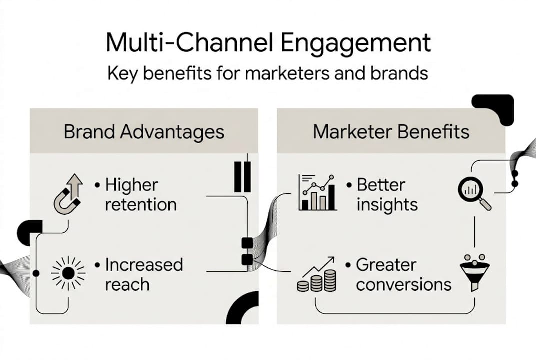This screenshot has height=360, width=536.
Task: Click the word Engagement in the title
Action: pos(355,44)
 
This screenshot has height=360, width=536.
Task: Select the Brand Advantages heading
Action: pos(144,132)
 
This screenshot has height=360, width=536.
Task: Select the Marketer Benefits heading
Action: pos(391,132)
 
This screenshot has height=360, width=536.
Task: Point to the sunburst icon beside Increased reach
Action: pos(68,273)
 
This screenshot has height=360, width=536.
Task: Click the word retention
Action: pos(141,205)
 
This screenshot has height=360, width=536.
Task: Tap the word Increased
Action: pos(144,265)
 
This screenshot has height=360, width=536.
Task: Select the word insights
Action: pos(387,205)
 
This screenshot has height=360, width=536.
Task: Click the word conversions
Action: pos(404,285)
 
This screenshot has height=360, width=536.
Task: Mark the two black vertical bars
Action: pos(242,176)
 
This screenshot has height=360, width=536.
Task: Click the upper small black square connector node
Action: pos(247,243)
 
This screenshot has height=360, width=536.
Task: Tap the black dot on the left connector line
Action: pos(36,273)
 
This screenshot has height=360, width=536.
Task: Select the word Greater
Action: pos(386,265)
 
